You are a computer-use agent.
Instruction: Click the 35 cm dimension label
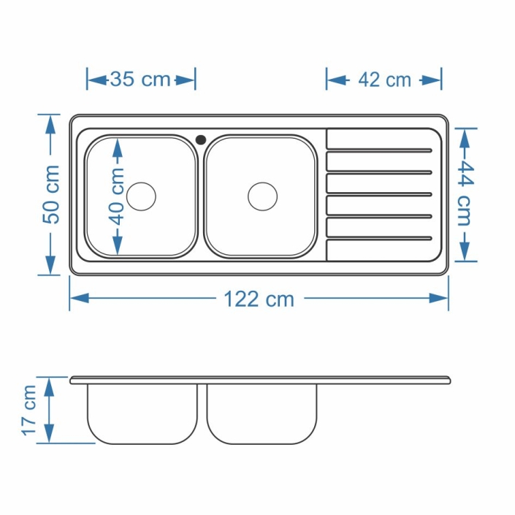[x=140, y=80]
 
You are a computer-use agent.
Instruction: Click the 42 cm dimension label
[x=385, y=80]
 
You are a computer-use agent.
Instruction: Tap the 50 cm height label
[x=52, y=195]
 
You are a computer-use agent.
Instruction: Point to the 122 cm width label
[x=259, y=300]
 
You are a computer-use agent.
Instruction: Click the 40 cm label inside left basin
[x=117, y=197]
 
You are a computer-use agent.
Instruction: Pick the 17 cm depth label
[x=29, y=411]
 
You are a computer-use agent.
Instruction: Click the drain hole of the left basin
[x=141, y=197]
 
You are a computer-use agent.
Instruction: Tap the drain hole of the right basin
[x=262, y=197]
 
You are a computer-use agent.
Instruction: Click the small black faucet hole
[x=201, y=140]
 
